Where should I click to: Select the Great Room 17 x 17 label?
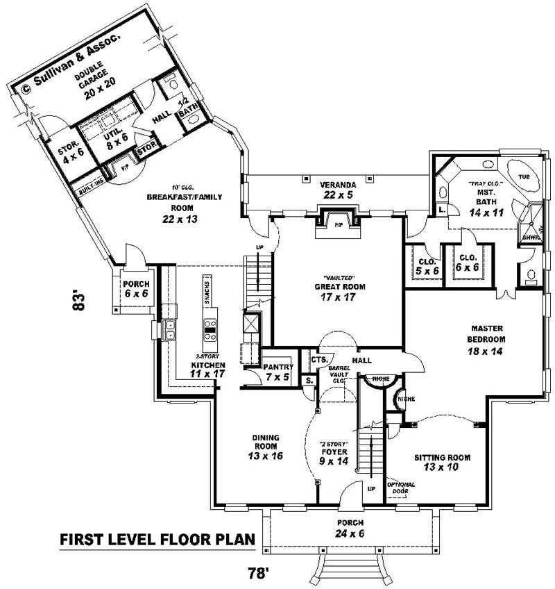[340, 292]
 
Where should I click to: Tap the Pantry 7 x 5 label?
[278, 372]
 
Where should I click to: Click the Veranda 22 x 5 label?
[337, 190]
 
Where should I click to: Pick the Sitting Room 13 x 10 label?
[442, 463]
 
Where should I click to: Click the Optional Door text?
[402, 488]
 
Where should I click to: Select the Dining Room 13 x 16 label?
[265, 447]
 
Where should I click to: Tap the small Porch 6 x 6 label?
[136, 289]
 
